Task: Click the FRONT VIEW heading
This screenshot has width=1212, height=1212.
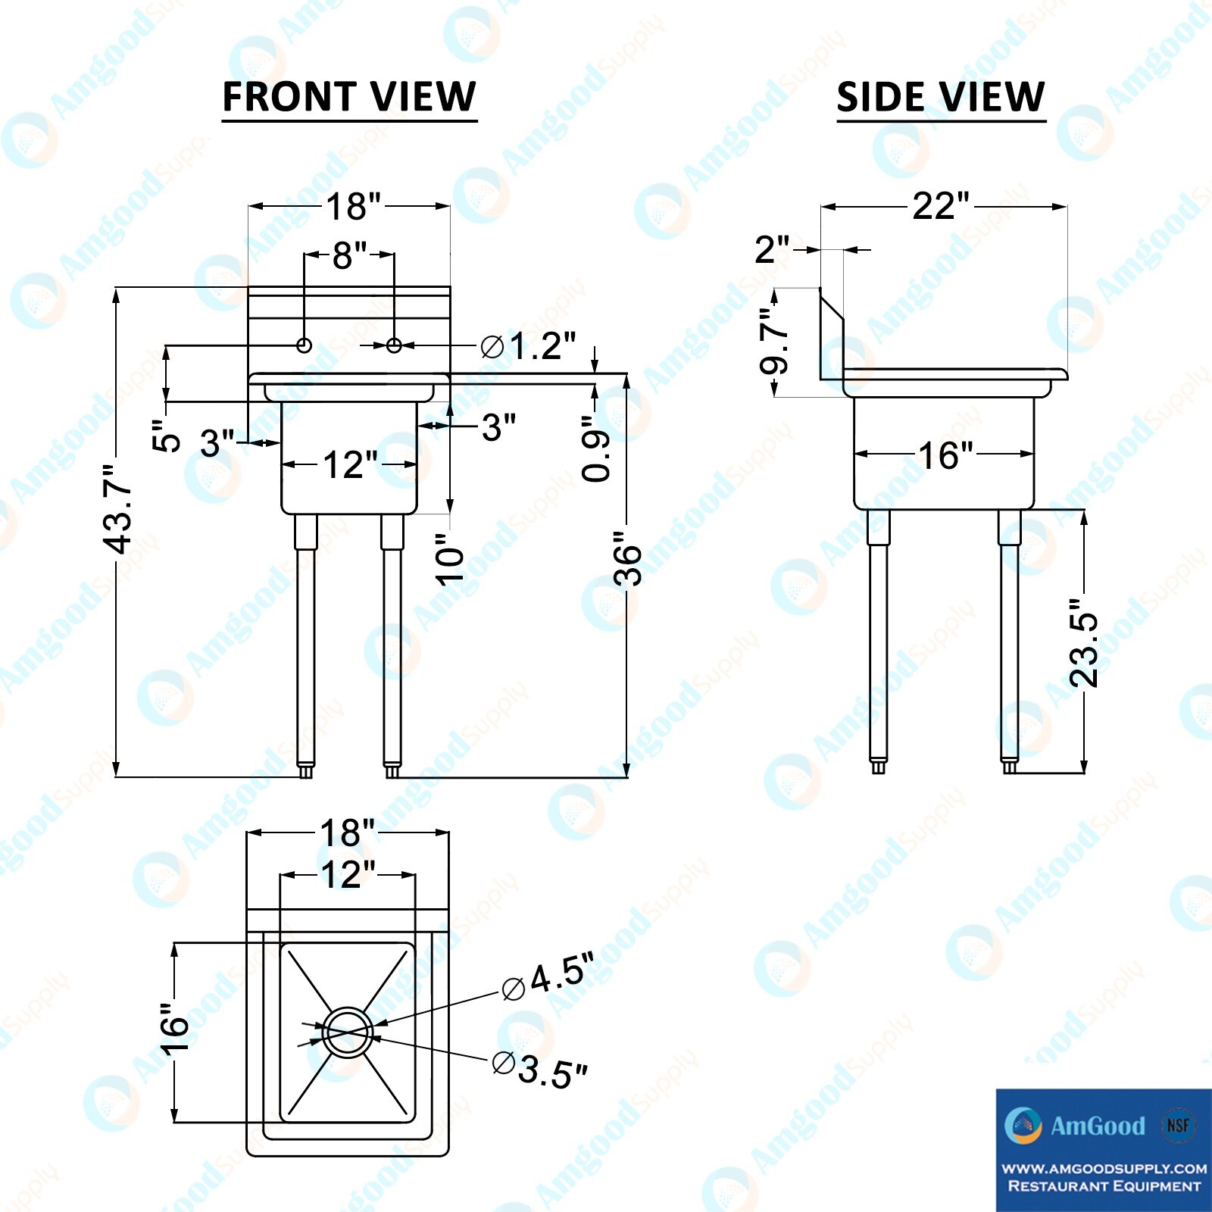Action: pos(349,97)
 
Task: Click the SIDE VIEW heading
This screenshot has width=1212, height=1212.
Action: pos(941,97)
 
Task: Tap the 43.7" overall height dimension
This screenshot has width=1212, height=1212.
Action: pos(119,509)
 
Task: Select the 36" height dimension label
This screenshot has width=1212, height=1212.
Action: pos(628,558)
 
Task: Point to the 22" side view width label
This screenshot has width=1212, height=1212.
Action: pos(941,206)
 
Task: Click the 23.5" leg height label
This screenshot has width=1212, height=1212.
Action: pos(1084,642)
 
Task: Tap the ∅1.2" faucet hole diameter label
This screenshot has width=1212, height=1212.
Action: pos(529,346)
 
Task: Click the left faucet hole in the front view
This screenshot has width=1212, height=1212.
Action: pos(304,345)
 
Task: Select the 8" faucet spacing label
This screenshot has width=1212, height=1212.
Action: pos(350,256)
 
